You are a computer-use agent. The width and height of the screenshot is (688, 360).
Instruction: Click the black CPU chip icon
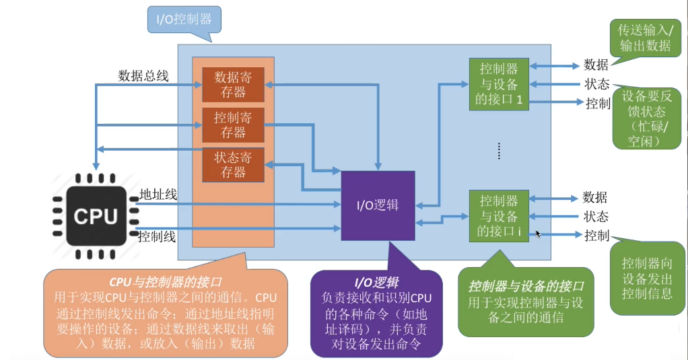click(x=96, y=216)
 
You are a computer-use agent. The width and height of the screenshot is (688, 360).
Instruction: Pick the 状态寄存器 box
click(x=233, y=165)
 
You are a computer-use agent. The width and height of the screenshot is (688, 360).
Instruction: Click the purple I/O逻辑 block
click(x=378, y=205)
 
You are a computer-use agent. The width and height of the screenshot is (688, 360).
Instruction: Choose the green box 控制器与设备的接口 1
click(x=499, y=83)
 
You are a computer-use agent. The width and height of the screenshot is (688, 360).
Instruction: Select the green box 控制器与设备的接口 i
click(x=499, y=215)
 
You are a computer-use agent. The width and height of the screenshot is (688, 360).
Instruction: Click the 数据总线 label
click(x=143, y=75)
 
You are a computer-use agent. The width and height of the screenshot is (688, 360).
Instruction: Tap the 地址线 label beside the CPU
click(x=158, y=195)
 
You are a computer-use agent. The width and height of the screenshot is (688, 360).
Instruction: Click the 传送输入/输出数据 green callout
click(x=644, y=38)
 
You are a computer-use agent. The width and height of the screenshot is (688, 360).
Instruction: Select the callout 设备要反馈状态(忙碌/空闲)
click(x=644, y=118)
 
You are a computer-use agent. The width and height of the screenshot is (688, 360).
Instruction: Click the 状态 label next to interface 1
click(x=596, y=85)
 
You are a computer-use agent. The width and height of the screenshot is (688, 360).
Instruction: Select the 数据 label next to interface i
click(x=595, y=198)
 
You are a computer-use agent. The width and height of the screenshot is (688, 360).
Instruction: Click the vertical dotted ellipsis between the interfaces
click(x=499, y=151)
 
